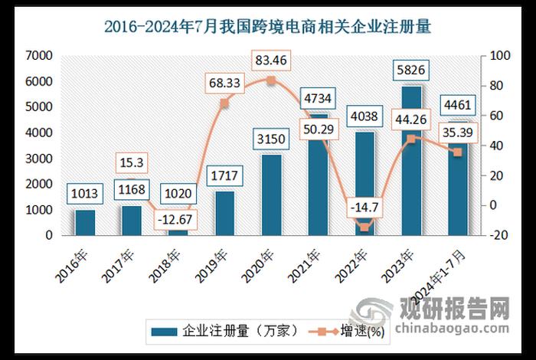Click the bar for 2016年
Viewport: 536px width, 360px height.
click(x=84, y=222)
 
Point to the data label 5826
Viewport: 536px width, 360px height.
click(x=411, y=70)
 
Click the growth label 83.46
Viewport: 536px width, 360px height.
click(x=272, y=59)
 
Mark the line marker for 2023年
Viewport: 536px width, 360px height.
click(x=411, y=139)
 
